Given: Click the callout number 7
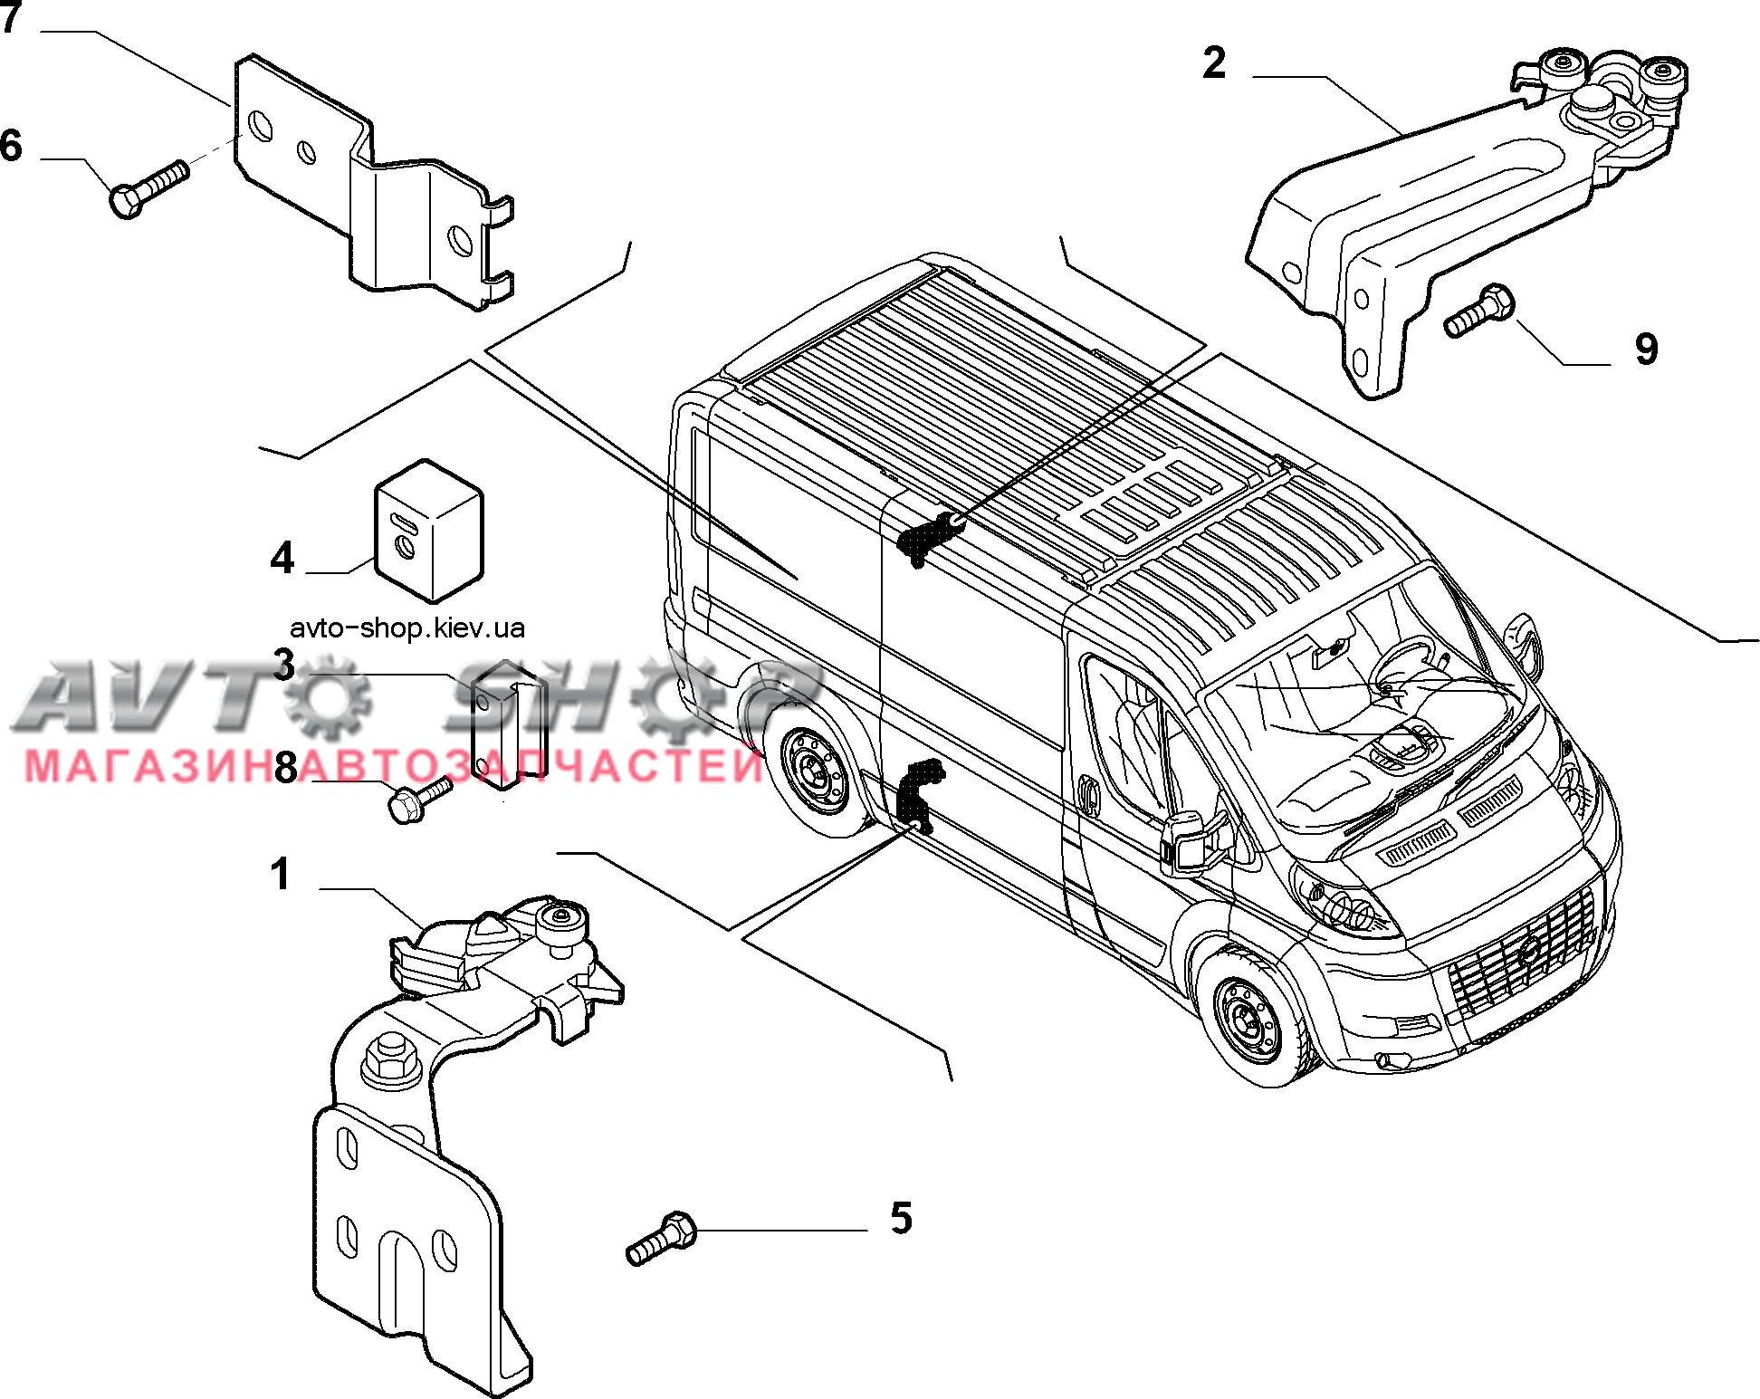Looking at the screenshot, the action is pyautogui.click(x=11, y=18).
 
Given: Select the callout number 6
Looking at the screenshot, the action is pyautogui.click(x=11, y=146).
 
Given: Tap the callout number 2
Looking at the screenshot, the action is pyautogui.click(x=1214, y=62).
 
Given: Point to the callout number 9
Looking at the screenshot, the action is pyautogui.click(x=1646, y=349).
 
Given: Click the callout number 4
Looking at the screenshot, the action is pyautogui.click(x=282, y=558).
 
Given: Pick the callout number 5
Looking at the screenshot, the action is pyautogui.click(x=901, y=1218).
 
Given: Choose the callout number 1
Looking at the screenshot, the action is pyautogui.click(x=282, y=875).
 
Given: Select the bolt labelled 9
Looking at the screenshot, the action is pyautogui.click(x=1479, y=311).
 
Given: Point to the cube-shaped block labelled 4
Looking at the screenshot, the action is pyautogui.click(x=429, y=531).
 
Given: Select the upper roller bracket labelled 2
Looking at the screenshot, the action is pyautogui.click(x=1467, y=217).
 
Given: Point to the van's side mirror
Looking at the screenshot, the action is pyautogui.click(x=1186, y=847).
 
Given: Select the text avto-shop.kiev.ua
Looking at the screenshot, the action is pyautogui.click(x=408, y=628).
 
